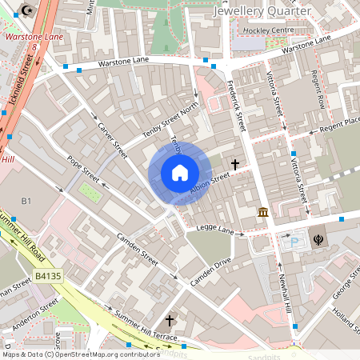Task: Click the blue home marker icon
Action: pyautogui.click(x=180, y=173)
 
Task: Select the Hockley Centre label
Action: pyautogui.click(x=269, y=30)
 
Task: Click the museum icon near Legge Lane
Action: pyautogui.click(x=262, y=212)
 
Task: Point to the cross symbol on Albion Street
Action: pyautogui.click(x=235, y=165)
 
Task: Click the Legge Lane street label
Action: pyautogui.click(x=215, y=230)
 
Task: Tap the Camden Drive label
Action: pyautogui.click(x=210, y=273)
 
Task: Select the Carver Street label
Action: pyautogui.click(x=113, y=139)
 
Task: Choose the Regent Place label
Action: pyautogui.click(x=341, y=119)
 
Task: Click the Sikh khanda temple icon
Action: pyautogui.click(x=318, y=238)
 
